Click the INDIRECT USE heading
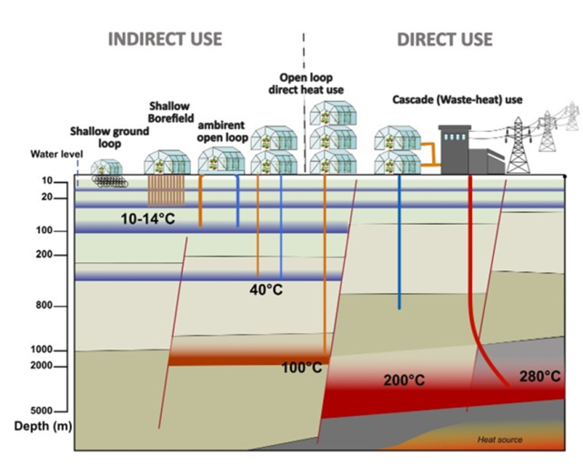tap(164, 39)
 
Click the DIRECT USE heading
tap(444, 39)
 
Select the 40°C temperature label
tap(266, 290)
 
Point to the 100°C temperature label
tap(301, 368)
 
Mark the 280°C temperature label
tap(540, 376)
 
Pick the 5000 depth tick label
tap(45, 411)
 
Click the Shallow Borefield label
tap(171, 113)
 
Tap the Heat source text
tap(499, 439)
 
